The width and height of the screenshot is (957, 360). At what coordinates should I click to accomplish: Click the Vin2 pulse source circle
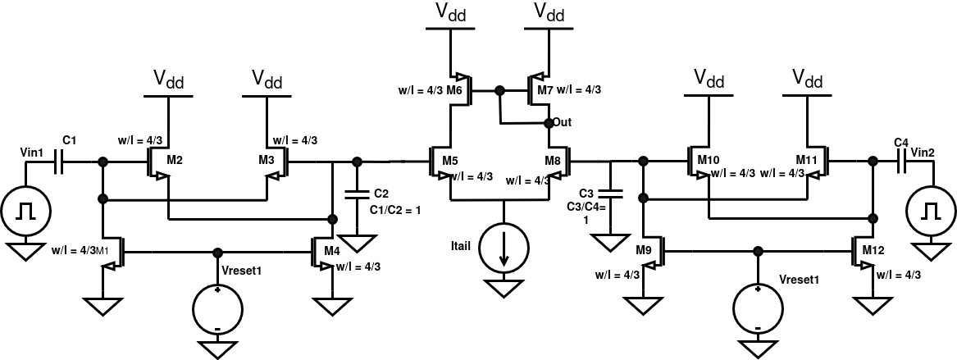click(931, 212)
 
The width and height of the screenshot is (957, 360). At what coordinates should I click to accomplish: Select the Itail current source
click(504, 250)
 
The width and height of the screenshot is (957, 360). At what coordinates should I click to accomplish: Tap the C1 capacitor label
click(69, 142)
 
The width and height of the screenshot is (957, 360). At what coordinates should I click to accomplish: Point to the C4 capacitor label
click(901, 143)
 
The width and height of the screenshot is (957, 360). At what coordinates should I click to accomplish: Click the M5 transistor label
click(450, 158)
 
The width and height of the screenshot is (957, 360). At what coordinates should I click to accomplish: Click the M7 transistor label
click(545, 89)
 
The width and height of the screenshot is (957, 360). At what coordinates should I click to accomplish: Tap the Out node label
click(562, 122)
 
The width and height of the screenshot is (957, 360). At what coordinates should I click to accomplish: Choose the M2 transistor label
click(174, 158)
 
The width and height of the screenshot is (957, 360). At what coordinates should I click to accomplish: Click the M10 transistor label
click(708, 158)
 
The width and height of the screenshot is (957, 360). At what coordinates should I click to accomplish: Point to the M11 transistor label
click(806, 158)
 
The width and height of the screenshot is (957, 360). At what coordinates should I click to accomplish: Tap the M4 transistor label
click(330, 250)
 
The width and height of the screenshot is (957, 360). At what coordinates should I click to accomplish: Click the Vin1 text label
click(31, 153)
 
